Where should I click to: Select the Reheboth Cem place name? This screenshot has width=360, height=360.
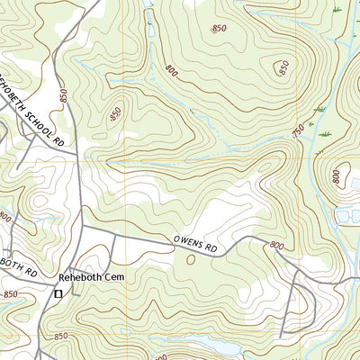tap(89, 278)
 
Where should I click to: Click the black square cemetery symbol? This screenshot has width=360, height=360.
tap(59, 293)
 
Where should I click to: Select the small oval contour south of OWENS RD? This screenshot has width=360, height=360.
tap(190, 259)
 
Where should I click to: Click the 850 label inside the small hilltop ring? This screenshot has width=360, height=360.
tap(284, 67)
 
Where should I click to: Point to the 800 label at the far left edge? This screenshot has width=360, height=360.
tap(6, 216)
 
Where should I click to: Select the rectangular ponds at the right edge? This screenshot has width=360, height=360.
tap(346, 214)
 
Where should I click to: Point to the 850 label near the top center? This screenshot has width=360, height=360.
tap(219, 30)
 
